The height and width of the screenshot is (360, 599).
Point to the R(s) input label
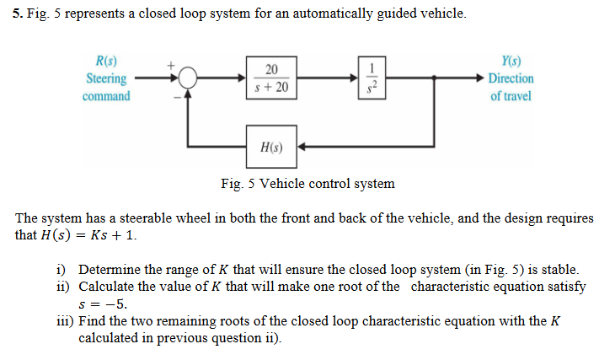(x=107, y=62)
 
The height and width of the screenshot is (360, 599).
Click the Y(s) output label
(x=510, y=62)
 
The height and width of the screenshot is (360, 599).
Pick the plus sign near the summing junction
(x=170, y=63)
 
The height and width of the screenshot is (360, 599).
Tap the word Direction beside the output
(x=511, y=79)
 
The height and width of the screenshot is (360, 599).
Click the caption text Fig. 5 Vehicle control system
(x=307, y=183)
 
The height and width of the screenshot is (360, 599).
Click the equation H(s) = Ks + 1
(x=88, y=234)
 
